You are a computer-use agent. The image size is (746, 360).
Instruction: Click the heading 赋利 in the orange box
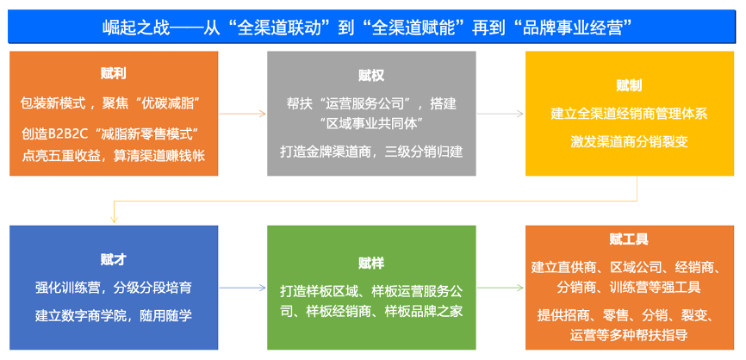click(113, 73)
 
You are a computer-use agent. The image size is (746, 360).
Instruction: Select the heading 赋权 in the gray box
click(371, 75)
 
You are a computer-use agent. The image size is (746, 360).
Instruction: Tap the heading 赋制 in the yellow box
click(629, 85)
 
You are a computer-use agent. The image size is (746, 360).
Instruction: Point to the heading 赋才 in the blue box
click(113, 259)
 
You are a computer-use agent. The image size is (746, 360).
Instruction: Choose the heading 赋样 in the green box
click(371, 263)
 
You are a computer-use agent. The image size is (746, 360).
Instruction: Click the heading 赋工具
click(629, 239)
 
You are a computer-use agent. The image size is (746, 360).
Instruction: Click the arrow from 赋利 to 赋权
click(242, 114)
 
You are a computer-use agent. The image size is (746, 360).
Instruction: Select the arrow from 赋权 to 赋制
click(500, 114)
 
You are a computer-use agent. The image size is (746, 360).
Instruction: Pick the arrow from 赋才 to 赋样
click(242, 288)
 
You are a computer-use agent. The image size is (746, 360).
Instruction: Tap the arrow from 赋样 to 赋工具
click(500, 288)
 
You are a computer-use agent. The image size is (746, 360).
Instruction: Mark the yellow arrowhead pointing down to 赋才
click(114, 220)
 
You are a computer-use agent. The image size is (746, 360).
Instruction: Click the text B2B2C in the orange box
click(70, 134)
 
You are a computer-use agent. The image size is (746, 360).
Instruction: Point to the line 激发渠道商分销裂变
click(629, 142)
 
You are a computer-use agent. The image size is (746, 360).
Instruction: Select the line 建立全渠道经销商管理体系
click(629, 115)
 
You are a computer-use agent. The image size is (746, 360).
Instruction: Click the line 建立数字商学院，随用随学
click(114, 316)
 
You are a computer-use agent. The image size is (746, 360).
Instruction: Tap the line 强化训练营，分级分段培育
click(114, 288)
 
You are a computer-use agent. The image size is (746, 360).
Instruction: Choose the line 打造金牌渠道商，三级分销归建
click(371, 152)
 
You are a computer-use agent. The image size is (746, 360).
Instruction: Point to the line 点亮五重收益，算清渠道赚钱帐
click(114, 156)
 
